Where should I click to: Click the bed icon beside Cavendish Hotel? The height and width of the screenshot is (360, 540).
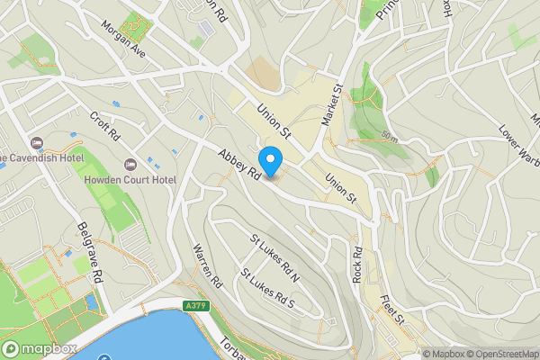pyautogui.click(x=37, y=143)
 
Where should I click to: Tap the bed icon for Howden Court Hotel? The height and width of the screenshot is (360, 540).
pyautogui.click(x=131, y=164)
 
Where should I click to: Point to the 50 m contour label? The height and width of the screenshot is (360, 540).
pyautogui.click(x=389, y=135)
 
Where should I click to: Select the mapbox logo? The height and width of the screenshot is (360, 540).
pyautogui.click(x=39, y=348)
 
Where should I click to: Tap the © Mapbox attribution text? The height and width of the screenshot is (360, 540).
pyautogui.click(x=444, y=354)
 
